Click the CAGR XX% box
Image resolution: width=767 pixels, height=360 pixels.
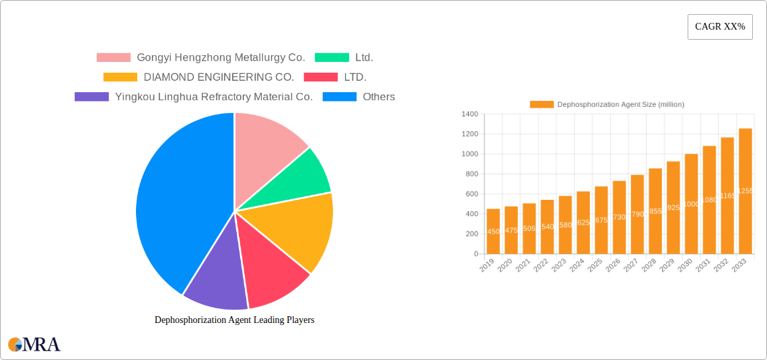pos(720,27)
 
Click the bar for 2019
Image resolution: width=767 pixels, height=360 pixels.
pos(493,231)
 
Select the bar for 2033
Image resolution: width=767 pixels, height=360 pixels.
pos(745,191)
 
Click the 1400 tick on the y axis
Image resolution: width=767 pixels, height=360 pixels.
pos(470,114)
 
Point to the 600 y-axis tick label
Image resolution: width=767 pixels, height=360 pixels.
pos(472,194)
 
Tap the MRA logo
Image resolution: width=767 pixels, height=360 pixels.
pos(34,345)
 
